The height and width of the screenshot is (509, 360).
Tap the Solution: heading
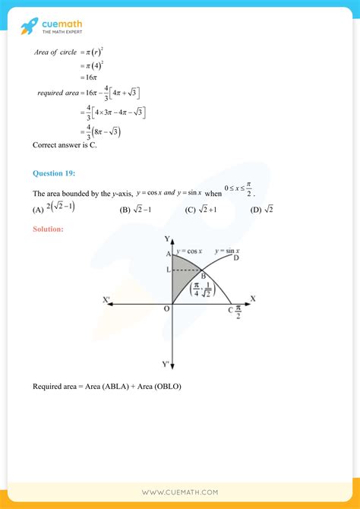49,228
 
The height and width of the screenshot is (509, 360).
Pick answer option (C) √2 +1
202,209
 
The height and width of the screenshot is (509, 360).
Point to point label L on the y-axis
167,271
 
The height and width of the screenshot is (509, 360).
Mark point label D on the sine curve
237,258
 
